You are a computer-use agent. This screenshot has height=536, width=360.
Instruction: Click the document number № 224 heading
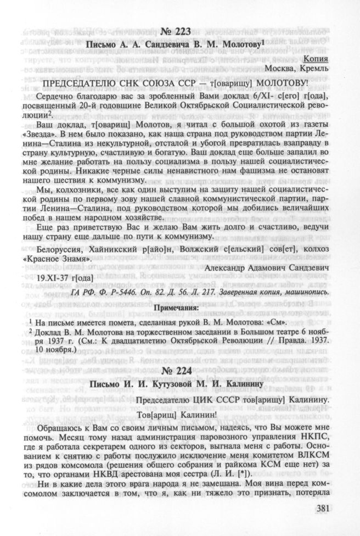point(180,370)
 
